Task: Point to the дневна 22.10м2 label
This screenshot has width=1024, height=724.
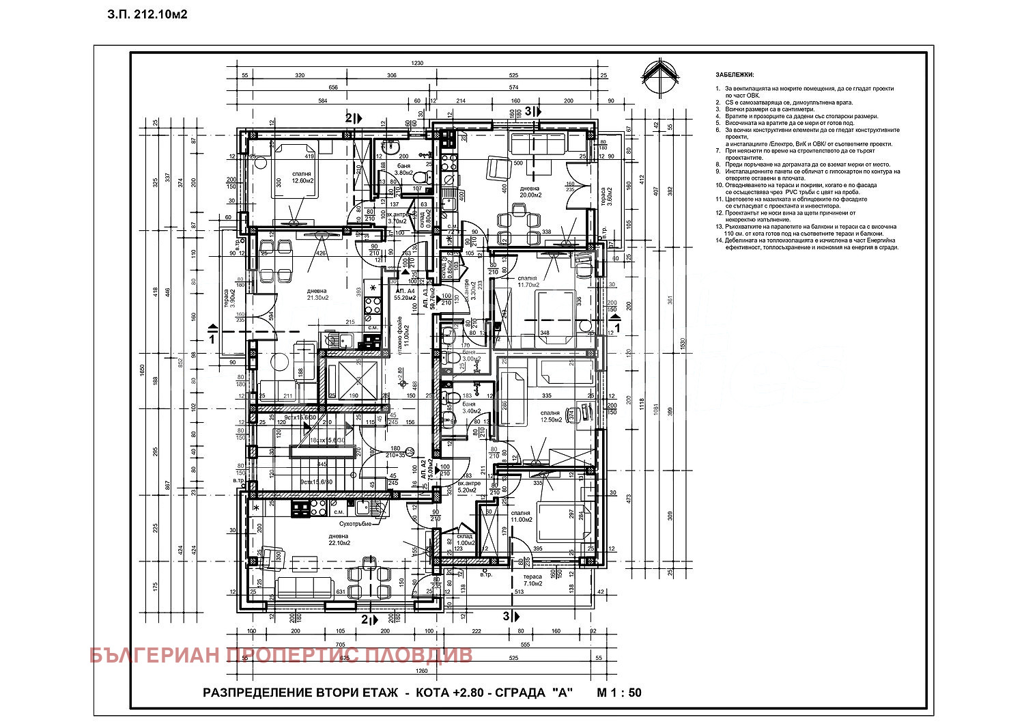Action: (339, 540)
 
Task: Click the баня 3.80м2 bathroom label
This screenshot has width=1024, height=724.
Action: (403, 169)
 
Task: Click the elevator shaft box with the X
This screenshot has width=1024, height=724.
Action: (343, 380)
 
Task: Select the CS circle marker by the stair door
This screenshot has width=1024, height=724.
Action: (409, 451)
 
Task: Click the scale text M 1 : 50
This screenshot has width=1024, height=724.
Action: (619, 693)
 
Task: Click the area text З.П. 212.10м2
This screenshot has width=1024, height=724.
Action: (147, 14)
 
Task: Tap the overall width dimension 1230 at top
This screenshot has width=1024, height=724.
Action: (417, 63)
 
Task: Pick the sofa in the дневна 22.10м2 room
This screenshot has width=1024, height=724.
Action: (305, 587)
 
